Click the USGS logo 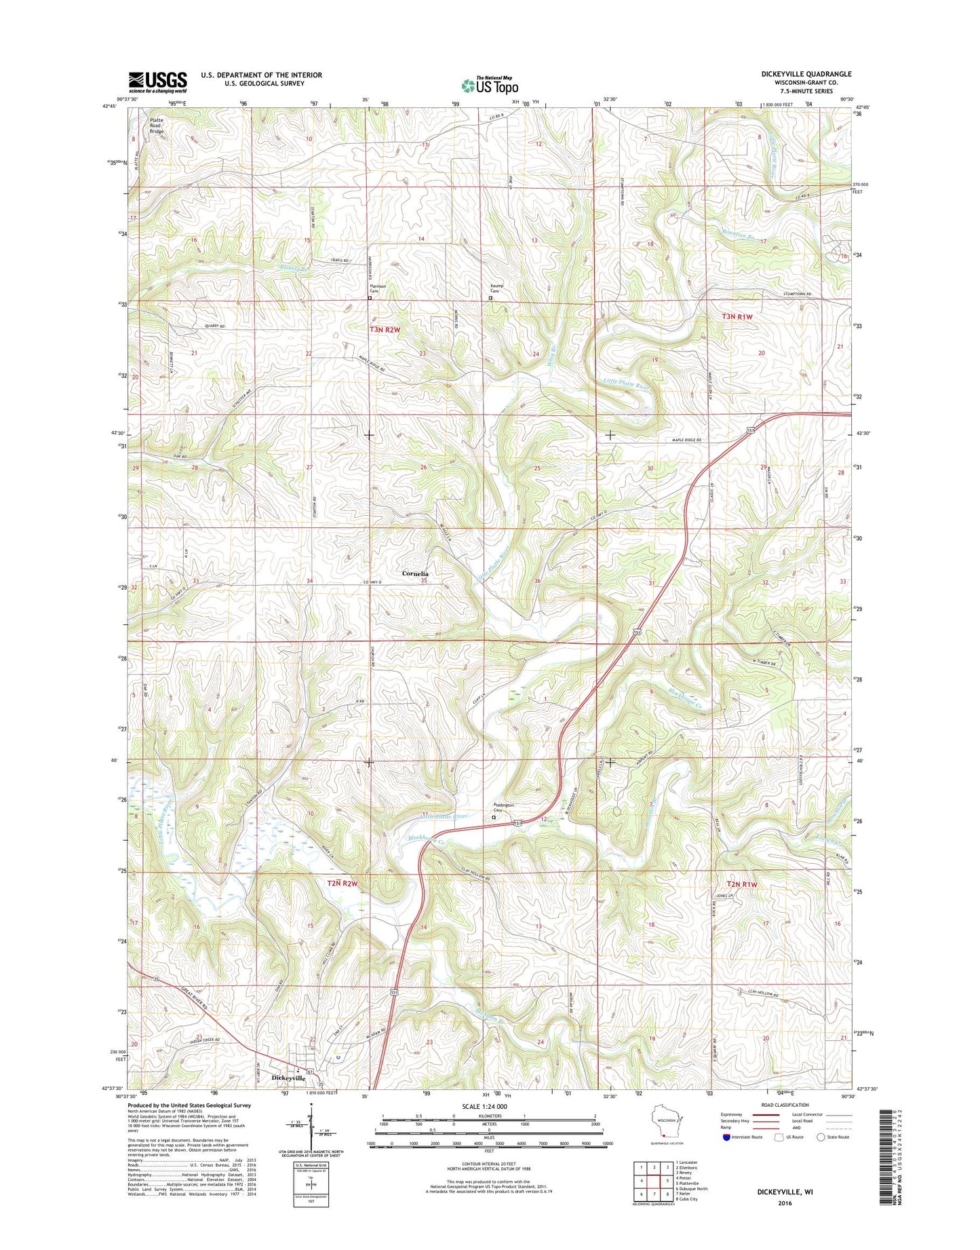click(x=157, y=82)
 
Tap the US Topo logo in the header click(x=490, y=85)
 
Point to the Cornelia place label click(x=415, y=573)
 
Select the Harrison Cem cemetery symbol click(x=370, y=298)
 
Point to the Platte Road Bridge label click(x=157, y=126)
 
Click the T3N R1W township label click(x=737, y=317)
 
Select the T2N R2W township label click(x=342, y=884)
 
